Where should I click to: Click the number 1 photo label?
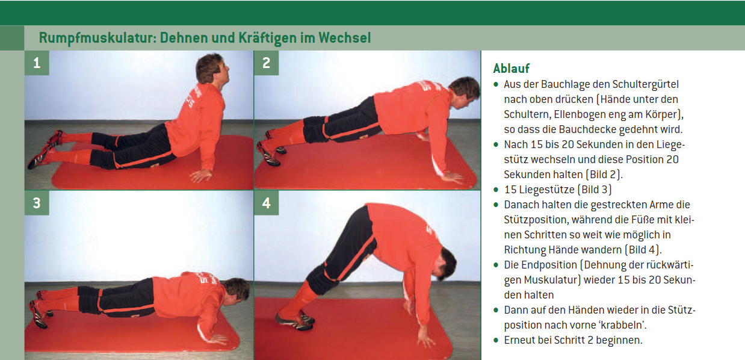coord(37,63)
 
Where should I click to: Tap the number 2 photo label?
coord(266,63)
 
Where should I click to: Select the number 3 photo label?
coord(37,203)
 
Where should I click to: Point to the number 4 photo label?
coord(266,203)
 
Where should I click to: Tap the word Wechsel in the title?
coord(345,37)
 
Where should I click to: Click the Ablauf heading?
coord(511,68)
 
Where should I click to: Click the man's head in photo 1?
coord(212,69)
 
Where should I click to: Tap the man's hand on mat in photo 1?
coord(200,175)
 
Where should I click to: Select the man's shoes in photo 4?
coord(295,320)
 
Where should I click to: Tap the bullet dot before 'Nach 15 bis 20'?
coord(496,144)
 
